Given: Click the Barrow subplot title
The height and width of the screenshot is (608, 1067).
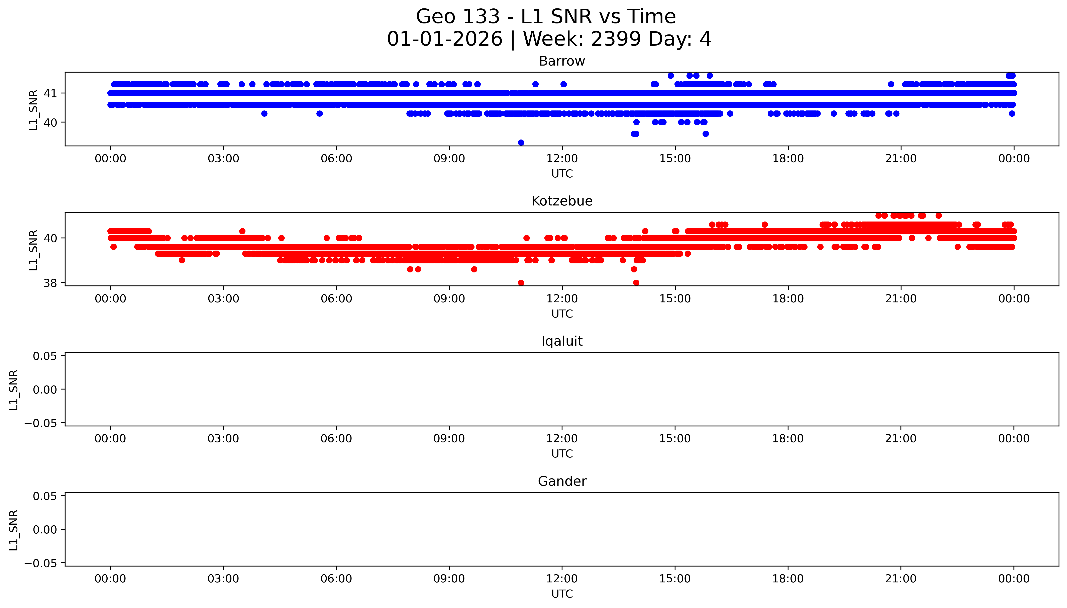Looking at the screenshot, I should (562, 61).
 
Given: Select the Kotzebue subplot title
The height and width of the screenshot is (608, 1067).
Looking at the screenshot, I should (562, 201).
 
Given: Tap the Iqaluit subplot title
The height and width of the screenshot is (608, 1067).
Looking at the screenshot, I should (562, 341).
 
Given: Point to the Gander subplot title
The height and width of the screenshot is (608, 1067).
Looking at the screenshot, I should (562, 482).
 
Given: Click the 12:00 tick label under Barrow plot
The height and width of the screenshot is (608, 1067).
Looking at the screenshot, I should (562, 159).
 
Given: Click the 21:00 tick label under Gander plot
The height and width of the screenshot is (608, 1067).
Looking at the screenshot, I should (901, 579).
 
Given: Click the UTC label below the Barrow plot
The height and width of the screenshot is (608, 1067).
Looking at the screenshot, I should (562, 174).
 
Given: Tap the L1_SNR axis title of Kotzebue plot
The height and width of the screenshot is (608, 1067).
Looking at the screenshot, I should (33, 250).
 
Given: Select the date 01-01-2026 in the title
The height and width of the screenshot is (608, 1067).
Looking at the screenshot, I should (444, 39).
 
